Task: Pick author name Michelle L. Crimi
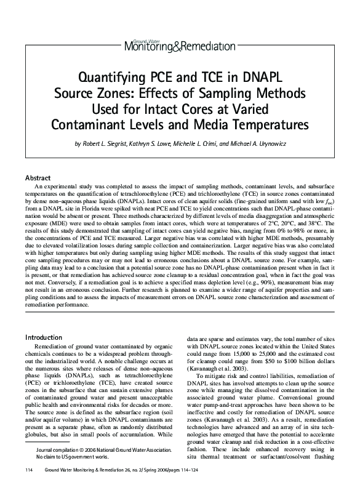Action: [x=210, y=144]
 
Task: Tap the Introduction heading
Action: [x=44, y=337]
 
